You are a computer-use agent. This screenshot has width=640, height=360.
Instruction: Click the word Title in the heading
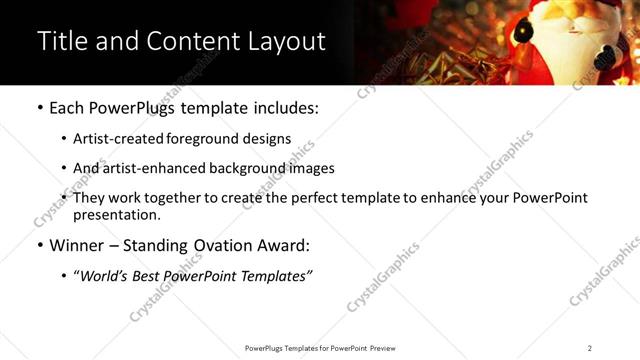62,41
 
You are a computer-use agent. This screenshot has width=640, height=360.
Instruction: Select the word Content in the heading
188,41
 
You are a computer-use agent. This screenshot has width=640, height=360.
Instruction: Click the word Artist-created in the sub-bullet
113,139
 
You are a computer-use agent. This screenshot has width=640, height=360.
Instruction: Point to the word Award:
282,245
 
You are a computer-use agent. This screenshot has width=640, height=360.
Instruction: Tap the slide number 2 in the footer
589,348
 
